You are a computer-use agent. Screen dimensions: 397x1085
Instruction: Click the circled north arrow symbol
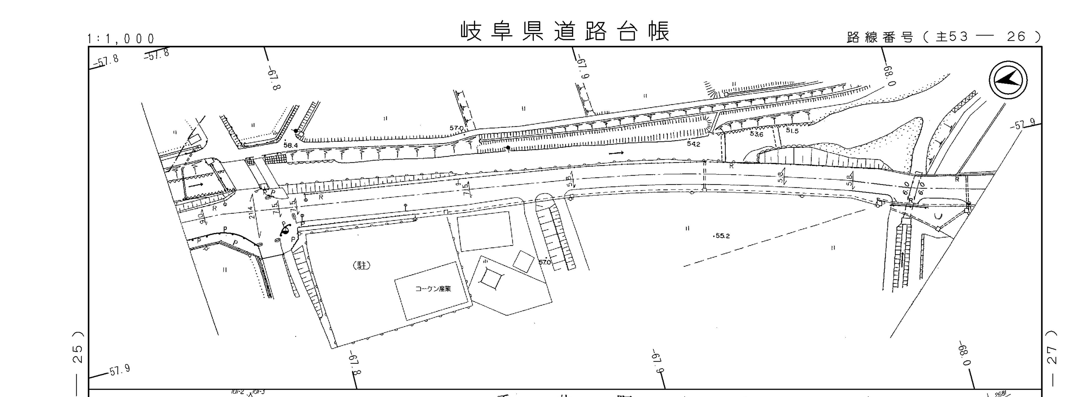(x=1008, y=80)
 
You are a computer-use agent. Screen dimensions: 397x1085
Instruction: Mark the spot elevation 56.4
(x=291, y=145)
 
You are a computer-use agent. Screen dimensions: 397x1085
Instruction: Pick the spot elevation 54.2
(x=693, y=144)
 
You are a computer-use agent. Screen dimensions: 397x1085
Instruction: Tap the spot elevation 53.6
(x=756, y=134)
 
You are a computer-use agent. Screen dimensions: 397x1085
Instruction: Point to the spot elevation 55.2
(x=722, y=236)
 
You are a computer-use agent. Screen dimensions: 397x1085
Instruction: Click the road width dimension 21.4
(x=251, y=212)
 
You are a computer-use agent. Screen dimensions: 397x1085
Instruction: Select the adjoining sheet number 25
(x=78, y=353)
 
